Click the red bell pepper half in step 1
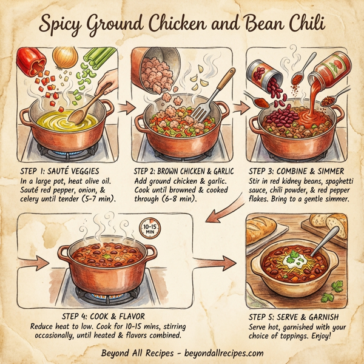[x=32, y=59]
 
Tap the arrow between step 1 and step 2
[x=126, y=108]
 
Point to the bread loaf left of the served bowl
[x=265, y=230]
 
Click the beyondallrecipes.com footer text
[x=223, y=353]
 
